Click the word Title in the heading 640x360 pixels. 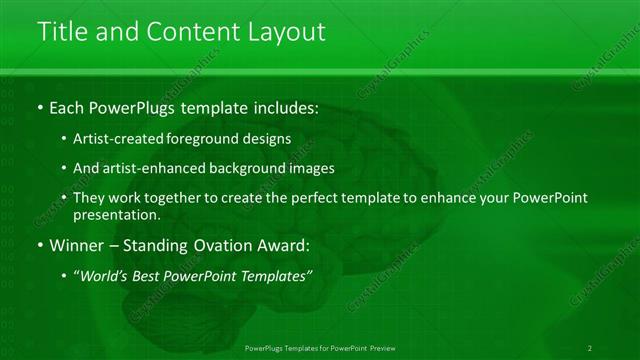point(65,32)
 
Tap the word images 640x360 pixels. point(313,168)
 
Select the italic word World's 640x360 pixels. point(106,275)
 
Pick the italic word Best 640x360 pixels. point(151,275)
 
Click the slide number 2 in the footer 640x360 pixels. point(590,347)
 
